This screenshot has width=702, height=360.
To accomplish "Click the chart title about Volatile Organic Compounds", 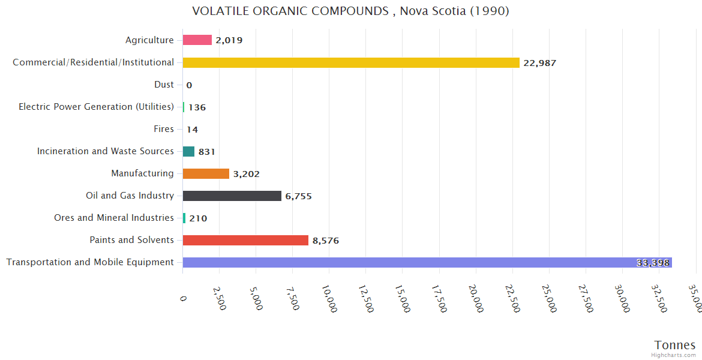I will [x=350, y=11].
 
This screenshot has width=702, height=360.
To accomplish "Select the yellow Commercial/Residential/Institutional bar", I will [x=351, y=62].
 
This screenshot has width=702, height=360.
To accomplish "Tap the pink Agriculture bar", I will [x=197, y=40].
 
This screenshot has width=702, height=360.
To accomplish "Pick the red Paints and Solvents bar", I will [x=245, y=240].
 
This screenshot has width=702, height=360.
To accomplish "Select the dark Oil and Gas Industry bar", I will [x=232, y=196].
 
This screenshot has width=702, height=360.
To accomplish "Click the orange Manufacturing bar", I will [x=206, y=173].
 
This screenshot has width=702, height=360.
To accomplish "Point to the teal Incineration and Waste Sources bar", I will [x=188, y=151].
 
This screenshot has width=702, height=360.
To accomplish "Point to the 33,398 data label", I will [x=653, y=263].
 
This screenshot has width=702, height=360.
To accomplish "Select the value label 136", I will [x=197, y=107].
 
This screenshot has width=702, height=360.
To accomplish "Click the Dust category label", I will [x=164, y=85].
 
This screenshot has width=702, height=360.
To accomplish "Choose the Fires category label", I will [x=164, y=129].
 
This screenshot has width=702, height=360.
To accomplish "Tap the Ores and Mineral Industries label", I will [x=114, y=218].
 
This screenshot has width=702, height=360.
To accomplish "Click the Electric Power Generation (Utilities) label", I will [x=96, y=107].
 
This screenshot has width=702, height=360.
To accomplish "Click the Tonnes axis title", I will [x=674, y=345].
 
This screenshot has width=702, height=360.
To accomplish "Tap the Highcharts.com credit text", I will [x=673, y=355].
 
